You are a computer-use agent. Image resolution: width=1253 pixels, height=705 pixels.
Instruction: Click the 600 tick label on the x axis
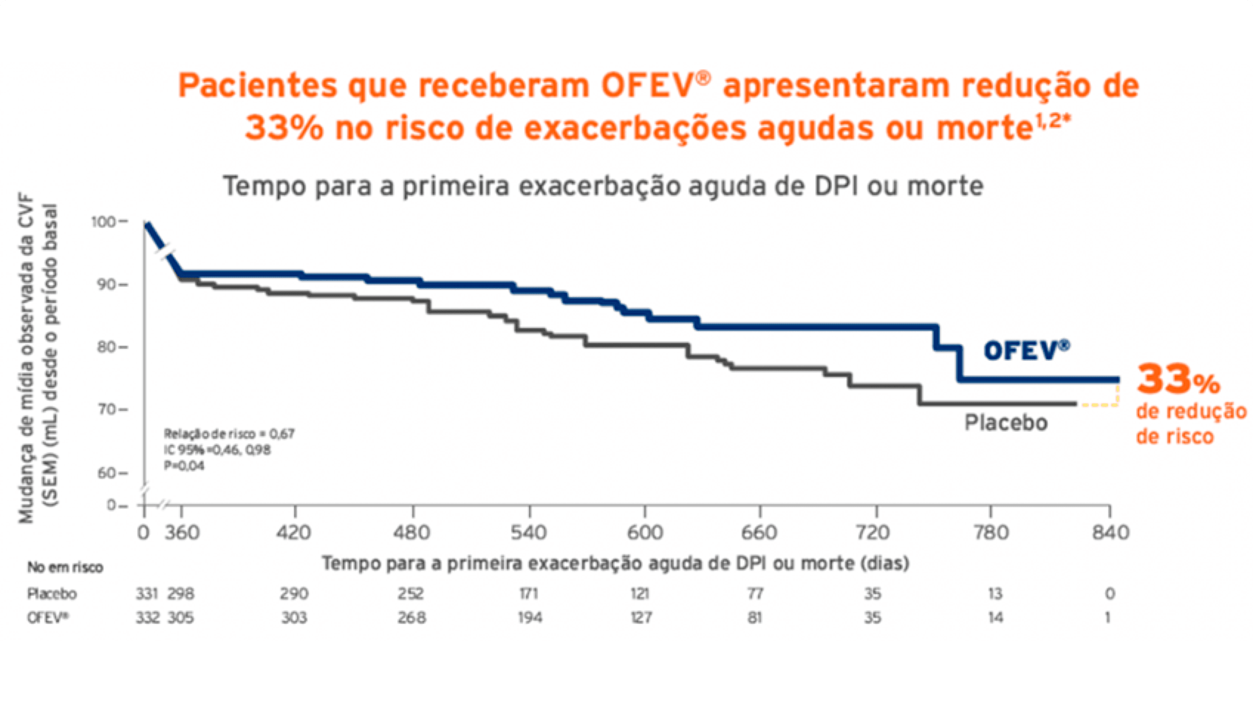click(x=645, y=533)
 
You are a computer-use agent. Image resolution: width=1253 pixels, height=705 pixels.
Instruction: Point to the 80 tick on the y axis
click(x=106, y=347)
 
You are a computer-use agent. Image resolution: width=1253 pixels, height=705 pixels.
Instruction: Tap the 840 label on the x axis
click(x=1110, y=533)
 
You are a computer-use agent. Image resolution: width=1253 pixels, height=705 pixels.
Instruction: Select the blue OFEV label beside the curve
click(x=1026, y=351)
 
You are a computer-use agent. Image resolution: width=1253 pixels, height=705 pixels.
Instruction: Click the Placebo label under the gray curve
click(x=1005, y=423)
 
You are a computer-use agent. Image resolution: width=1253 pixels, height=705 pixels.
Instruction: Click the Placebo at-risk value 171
click(x=528, y=594)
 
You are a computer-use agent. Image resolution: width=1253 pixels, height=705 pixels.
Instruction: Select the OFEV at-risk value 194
click(x=530, y=617)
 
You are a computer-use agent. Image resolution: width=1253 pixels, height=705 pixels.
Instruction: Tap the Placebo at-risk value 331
click(x=147, y=594)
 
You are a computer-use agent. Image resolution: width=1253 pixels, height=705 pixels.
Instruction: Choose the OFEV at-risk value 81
click(x=755, y=617)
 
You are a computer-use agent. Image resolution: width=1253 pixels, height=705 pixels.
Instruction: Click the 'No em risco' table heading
click(x=65, y=568)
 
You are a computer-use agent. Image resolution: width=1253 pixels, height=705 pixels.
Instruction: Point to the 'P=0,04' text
click(x=184, y=466)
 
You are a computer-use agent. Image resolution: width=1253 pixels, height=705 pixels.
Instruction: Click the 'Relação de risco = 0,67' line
click(x=229, y=434)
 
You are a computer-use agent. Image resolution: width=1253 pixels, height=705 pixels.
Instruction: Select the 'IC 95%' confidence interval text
click(x=217, y=450)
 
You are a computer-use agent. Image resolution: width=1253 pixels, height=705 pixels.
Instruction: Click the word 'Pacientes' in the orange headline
click(x=257, y=86)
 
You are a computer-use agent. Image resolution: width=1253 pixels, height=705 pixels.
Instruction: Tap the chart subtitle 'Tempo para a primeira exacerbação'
click(x=603, y=186)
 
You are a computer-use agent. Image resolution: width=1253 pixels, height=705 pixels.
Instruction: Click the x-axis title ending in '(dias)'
click(x=615, y=563)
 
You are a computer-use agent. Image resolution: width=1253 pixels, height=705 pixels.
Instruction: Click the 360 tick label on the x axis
click(x=182, y=533)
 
